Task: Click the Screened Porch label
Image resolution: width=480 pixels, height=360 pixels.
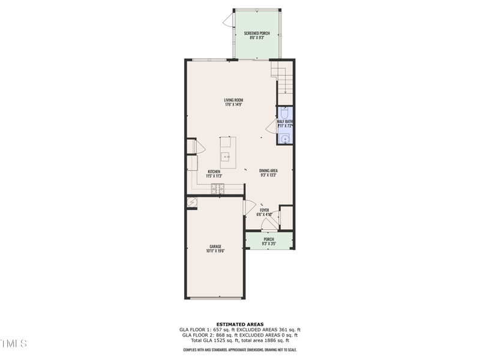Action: point(257,34)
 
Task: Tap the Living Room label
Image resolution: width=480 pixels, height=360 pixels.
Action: point(233,102)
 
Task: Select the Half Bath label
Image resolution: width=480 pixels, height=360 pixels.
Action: point(284,124)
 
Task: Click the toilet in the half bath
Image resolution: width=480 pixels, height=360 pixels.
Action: point(285,113)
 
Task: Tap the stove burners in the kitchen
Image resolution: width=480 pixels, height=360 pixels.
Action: point(217,189)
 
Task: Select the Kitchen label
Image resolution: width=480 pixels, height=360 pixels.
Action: point(214,174)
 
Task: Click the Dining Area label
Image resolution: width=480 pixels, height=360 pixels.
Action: point(268,173)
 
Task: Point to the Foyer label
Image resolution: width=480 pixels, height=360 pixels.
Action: point(264,212)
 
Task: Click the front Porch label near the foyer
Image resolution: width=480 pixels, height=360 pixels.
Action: point(269,241)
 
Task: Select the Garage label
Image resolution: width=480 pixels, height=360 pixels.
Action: point(215,249)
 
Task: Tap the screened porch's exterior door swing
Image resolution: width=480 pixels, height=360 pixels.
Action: point(227,22)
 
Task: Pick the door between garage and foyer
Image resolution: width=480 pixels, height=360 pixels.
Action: point(248,208)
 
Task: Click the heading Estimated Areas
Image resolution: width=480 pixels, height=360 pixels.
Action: point(239,324)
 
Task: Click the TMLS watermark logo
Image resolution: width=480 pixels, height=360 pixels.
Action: point(13,343)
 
